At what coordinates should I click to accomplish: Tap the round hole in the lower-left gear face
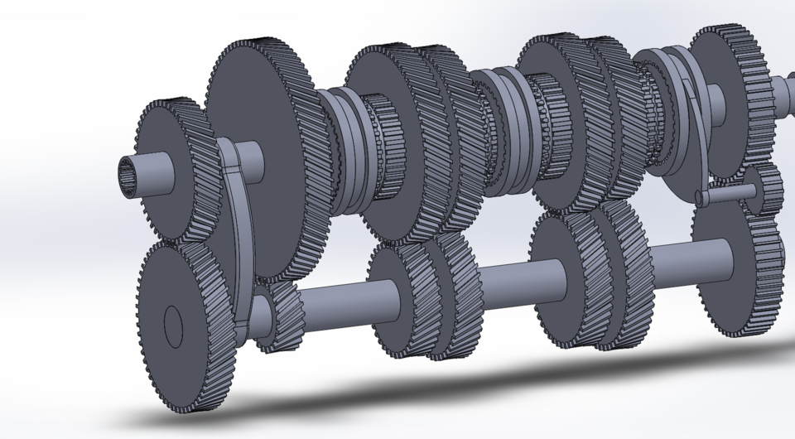[x=173, y=327]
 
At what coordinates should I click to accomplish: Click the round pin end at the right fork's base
[x=701, y=199]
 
